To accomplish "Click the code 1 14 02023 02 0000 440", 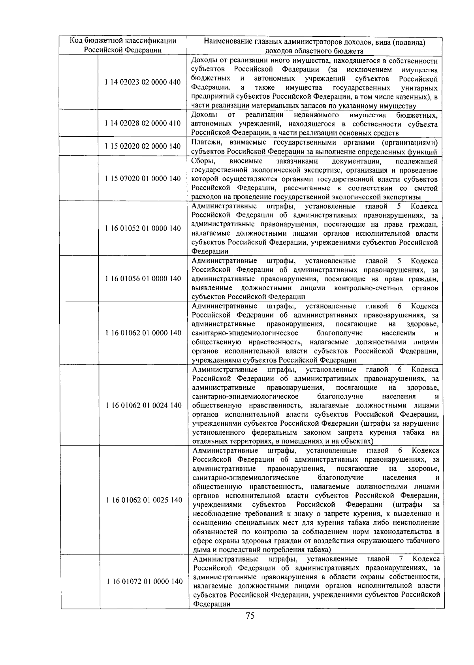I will [x=143, y=83].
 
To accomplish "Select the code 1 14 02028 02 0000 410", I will [x=143, y=124].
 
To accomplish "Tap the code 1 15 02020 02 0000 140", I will [x=143, y=147].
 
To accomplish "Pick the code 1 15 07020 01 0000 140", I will [x=143, y=178].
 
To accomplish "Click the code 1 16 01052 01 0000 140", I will [x=143, y=228].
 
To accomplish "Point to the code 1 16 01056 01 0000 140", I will [x=143, y=279].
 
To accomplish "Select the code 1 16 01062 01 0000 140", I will [x=143, y=333].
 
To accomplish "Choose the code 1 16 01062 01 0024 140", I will [x=144, y=406].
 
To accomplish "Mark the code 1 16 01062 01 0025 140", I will [x=144, y=500].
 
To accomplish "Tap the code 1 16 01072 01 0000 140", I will [x=145, y=582].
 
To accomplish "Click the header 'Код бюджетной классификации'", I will [x=123, y=41].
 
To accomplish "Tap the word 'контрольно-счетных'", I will [x=368, y=288].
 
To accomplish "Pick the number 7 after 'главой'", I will [x=401, y=559].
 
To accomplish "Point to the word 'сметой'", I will [x=426, y=188].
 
